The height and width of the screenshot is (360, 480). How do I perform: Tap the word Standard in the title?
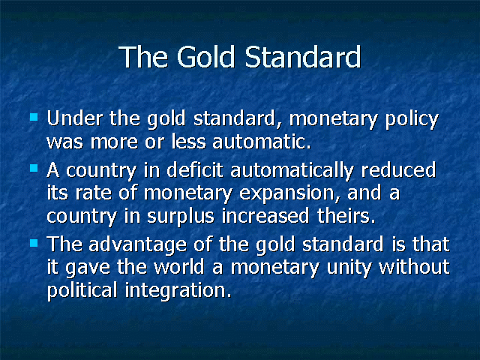[x=303, y=57]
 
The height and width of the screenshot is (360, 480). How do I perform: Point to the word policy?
[x=412, y=120]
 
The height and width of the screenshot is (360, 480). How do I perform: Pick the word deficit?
[x=195, y=169]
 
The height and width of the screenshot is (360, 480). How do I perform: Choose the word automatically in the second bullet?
[x=292, y=172]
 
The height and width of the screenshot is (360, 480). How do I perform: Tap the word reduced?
[x=398, y=169]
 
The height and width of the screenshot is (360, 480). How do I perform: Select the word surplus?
[x=181, y=217]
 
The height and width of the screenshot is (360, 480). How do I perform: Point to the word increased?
[x=265, y=215]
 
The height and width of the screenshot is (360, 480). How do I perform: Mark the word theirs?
[x=346, y=215]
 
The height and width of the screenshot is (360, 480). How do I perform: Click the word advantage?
[x=137, y=246]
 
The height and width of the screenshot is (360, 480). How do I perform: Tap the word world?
[x=178, y=267]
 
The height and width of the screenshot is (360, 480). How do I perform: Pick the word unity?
[x=349, y=268]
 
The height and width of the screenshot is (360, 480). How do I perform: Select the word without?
[x=414, y=267]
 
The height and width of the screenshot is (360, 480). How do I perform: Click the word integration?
[x=178, y=291]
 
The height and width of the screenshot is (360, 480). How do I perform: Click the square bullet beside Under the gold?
[x=34, y=117]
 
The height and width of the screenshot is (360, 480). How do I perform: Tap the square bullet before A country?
[x=34, y=168]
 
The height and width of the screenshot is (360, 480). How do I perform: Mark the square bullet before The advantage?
[x=34, y=243]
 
